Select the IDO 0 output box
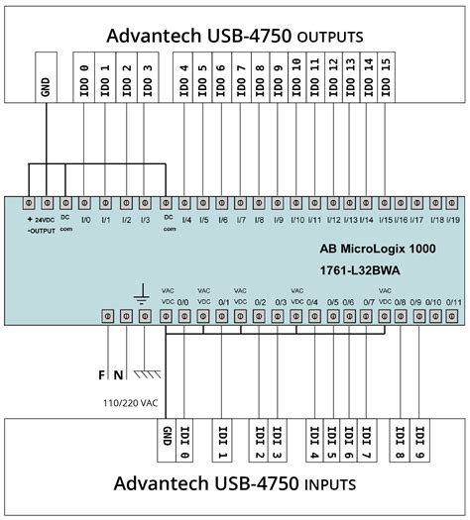tap(84, 80)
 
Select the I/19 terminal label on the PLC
tap(451, 220)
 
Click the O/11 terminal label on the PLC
tap(453, 303)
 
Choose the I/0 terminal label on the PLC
tap(85, 219)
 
